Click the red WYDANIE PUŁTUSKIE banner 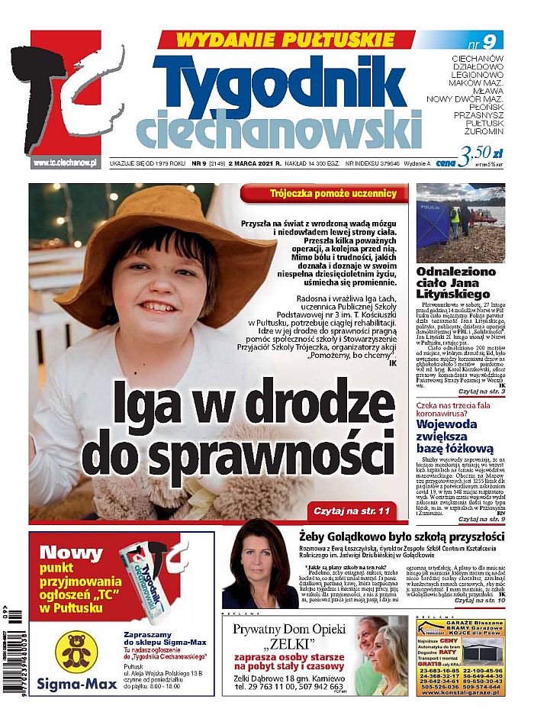(286, 40)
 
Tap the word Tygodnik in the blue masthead (286, 80)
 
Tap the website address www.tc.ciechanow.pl (66, 163)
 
